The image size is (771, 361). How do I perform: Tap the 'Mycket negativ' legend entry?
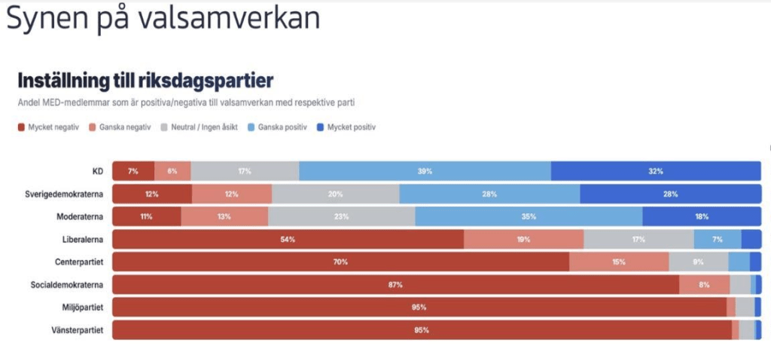[48, 127]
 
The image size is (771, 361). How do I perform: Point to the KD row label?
[98, 171]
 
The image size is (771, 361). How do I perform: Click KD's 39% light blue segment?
[425, 171]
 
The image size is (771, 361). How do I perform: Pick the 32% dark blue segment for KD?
[655, 171]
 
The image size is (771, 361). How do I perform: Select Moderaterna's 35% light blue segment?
[529, 216]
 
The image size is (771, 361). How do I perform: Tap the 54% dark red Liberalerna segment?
[288, 239]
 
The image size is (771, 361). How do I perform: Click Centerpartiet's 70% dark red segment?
[340, 262]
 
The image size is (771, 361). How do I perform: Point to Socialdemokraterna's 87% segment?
[395, 284]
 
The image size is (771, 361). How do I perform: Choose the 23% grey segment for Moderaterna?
[341, 216]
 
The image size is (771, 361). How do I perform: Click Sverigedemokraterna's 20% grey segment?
[336, 194]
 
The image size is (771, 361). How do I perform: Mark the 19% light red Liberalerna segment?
[523, 239]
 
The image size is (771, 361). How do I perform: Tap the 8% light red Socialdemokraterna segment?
[704, 284]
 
